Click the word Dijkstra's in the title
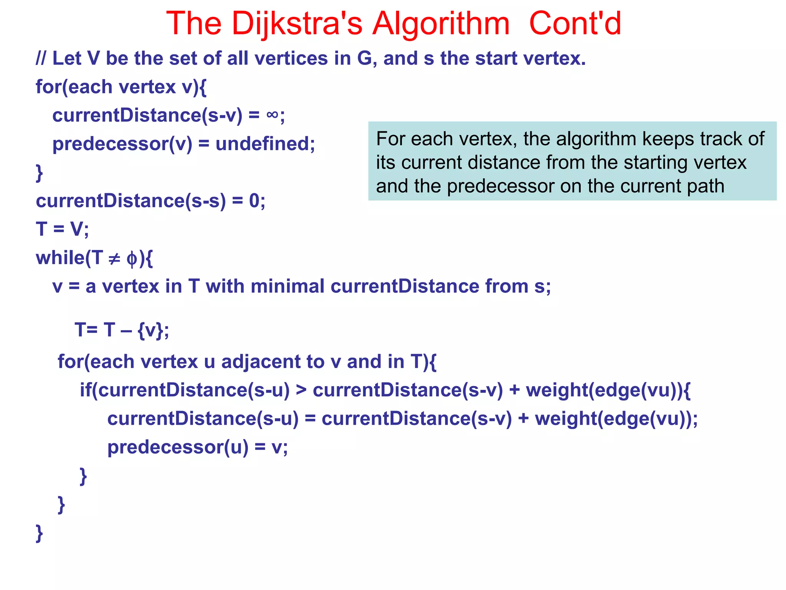(297, 24)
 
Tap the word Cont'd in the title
(575, 24)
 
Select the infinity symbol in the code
(272, 114)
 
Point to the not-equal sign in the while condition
(114, 258)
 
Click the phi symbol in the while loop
(132, 259)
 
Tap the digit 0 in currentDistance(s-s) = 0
(254, 201)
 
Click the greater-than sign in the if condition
(301, 390)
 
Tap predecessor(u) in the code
(178, 447)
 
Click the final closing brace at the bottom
(39, 533)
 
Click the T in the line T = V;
(41, 229)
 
